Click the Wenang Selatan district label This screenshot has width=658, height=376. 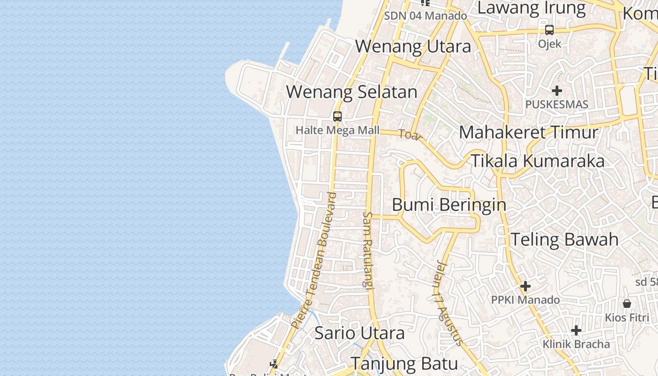(352, 92)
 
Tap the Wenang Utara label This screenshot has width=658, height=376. (413, 47)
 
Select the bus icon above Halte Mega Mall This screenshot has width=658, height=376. (337, 116)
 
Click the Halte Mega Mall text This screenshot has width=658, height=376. (337, 130)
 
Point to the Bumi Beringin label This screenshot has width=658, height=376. (449, 205)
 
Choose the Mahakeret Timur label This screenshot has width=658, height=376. (529, 133)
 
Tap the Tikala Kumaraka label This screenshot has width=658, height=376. (538, 161)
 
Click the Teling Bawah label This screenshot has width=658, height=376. (564, 239)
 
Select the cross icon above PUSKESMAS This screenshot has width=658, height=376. (557, 90)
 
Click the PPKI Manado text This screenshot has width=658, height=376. (525, 300)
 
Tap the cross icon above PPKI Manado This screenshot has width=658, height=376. (525, 286)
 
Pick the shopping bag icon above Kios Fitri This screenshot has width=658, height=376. (627, 304)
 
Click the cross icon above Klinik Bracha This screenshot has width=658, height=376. (576, 330)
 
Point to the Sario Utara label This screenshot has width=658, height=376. (359, 333)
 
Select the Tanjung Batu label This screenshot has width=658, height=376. (404, 364)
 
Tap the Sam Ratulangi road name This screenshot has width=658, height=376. (367, 250)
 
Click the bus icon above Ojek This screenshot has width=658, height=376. (549, 30)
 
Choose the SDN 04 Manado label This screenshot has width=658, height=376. (425, 16)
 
